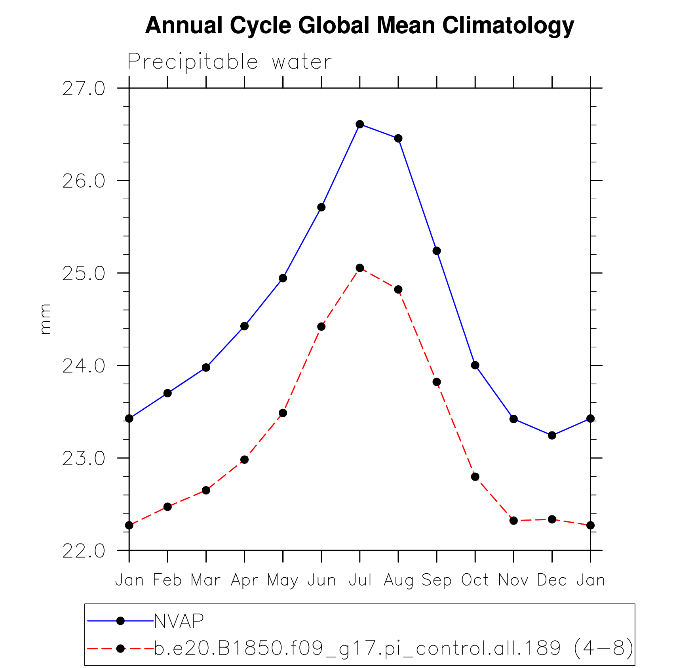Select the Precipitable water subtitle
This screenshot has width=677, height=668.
[x=229, y=62]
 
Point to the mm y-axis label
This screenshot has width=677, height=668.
[x=45, y=319]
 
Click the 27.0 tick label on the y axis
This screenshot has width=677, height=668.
[x=84, y=88]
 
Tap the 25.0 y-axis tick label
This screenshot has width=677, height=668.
[x=84, y=273]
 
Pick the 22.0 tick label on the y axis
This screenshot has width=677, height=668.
[x=84, y=551]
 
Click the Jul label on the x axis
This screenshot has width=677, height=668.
[x=360, y=580]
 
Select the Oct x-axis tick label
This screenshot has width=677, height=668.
[x=475, y=580]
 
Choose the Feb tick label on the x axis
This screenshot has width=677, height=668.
[x=167, y=580]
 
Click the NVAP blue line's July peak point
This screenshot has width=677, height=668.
[x=360, y=124]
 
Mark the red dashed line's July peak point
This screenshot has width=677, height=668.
[x=360, y=268]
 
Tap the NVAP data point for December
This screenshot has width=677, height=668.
[x=552, y=435]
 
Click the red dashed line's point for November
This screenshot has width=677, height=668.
[x=513, y=521]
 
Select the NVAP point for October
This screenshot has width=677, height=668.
[x=475, y=365]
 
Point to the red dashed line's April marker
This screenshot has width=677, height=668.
[x=244, y=460]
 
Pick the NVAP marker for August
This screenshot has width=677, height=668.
[x=398, y=138]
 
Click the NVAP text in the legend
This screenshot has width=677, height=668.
[x=179, y=621]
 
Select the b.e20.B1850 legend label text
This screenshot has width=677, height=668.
[x=394, y=649]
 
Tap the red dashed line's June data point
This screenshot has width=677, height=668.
[x=321, y=326]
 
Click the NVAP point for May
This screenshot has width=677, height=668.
[x=283, y=278]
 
